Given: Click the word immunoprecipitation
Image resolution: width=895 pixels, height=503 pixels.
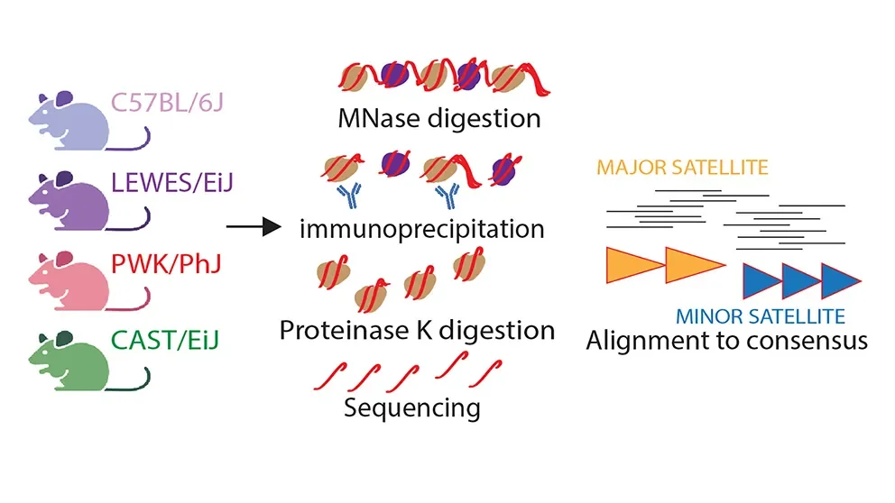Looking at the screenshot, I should click(421, 228).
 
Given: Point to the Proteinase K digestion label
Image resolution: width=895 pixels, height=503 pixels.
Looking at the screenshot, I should click(416, 330).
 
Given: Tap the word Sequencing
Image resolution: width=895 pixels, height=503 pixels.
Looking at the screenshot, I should click(411, 407).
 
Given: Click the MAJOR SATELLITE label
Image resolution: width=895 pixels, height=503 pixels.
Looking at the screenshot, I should click(682, 168).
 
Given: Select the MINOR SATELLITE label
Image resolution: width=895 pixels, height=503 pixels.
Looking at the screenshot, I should click(760, 316).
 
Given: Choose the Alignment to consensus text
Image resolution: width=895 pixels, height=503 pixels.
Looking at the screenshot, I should click(726, 342).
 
